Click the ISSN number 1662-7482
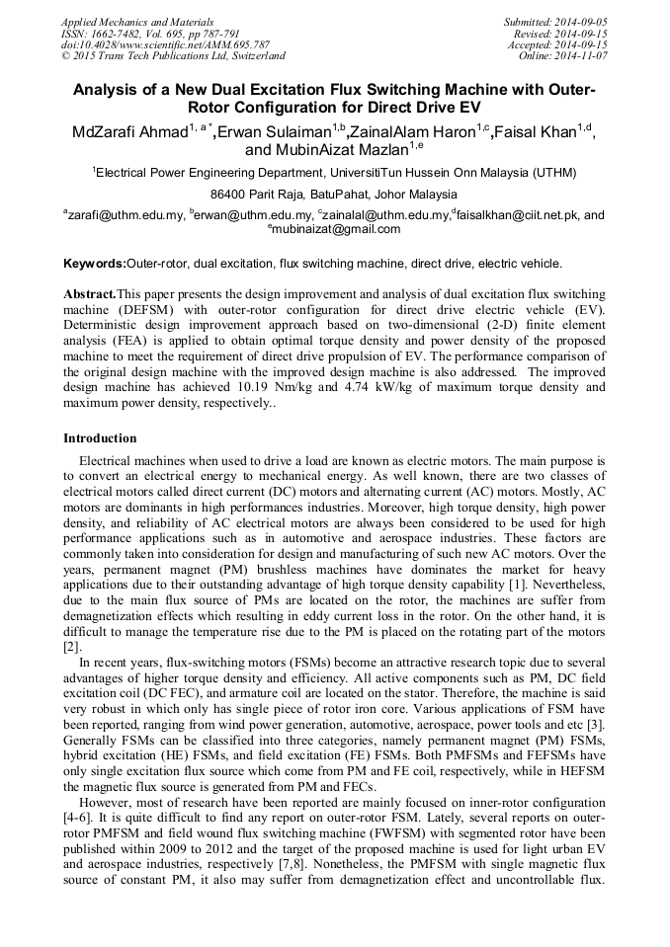119,34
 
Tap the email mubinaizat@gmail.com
337,229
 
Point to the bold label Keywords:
94,264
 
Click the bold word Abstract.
89,295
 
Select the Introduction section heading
100,437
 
